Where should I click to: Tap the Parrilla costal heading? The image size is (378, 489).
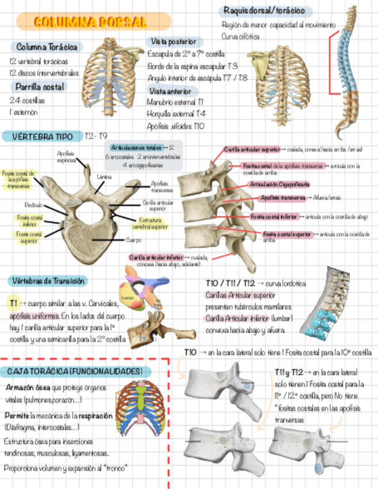coord(40,86)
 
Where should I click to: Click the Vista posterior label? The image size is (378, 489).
coord(173,42)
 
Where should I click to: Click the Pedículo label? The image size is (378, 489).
coord(33,205)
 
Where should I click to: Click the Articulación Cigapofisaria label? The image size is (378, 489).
coord(279,185)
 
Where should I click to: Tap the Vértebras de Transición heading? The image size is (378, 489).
coord(48,281)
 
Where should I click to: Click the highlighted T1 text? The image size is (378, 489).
coord(13,303)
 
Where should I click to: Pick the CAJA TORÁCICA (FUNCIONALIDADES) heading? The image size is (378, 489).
coord(75,371)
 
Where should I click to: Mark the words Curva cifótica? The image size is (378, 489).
coord(241,36)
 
